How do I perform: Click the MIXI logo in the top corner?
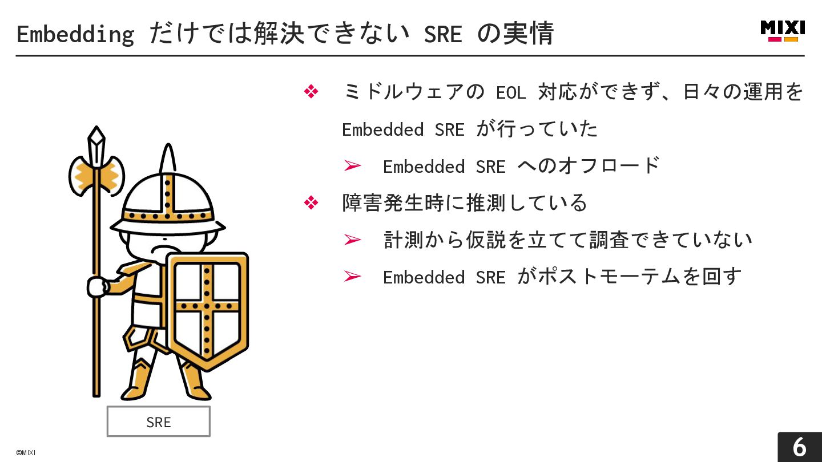783,31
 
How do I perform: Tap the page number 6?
799,447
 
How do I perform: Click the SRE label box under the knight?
159,422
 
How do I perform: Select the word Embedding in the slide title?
75,34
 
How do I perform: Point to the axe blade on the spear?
96,176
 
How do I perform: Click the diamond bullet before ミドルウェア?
311,92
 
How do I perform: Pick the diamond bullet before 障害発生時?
311,202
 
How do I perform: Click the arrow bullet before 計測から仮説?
353,240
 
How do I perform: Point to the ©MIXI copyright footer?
26,453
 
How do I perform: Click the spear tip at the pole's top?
96,139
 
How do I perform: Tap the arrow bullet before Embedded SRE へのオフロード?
353,166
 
